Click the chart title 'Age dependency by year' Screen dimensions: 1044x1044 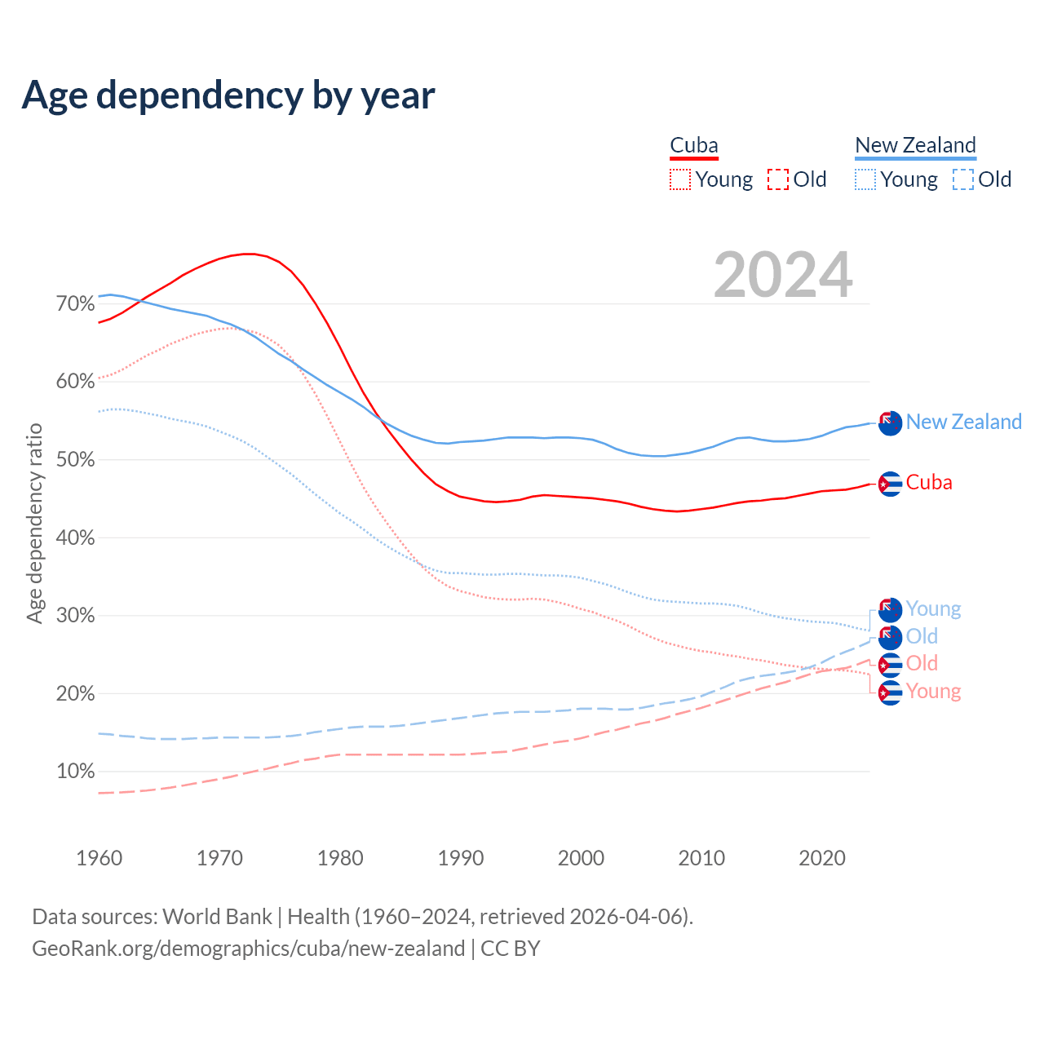(x=228, y=95)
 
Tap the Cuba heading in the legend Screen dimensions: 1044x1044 (x=694, y=146)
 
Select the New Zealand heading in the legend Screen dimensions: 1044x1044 (x=915, y=146)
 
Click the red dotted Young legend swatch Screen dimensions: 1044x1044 (x=680, y=179)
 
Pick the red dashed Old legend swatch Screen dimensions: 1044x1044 (x=778, y=179)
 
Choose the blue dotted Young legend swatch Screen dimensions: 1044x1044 (x=865, y=179)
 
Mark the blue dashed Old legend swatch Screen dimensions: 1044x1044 (x=963, y=179)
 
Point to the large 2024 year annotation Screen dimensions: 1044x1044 (x=783, y=275)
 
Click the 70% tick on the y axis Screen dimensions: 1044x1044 (x=76, y=304)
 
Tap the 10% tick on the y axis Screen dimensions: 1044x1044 (x=76, y=772)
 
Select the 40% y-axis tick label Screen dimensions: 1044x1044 (x=76, y=538)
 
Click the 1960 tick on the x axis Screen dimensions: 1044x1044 (x=100, y=858)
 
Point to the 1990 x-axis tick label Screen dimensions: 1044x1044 (x=461, y=858)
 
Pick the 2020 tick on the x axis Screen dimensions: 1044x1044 (x=822, y=858)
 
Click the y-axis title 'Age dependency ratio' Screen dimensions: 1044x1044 (x=34, y=523)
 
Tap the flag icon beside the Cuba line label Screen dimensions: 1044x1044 (x=890, y=484)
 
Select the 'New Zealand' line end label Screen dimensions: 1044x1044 (x=963, y=422)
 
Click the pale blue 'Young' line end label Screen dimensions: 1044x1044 (x=933, y=608)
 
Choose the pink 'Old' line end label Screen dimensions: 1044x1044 (x=922, y=663)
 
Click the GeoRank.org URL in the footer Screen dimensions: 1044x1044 (x=248, y=949)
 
